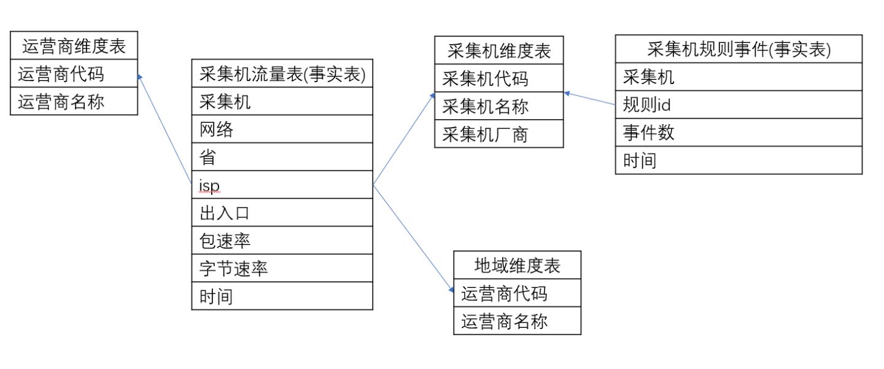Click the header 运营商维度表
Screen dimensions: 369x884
pos(74,46)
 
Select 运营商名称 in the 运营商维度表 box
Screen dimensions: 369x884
pos(61,101)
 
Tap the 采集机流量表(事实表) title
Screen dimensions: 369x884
pos(282,74)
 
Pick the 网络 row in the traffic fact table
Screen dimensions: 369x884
pos(216,129)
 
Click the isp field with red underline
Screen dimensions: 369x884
pos(209,185)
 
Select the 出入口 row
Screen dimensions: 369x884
pos(224,212)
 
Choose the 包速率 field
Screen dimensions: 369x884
pos(225,240)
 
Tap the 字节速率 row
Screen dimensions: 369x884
pos(233,268)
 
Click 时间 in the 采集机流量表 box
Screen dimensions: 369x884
pos(216,296)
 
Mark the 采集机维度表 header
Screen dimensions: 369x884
pos(498,51)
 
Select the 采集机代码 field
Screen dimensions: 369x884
pos(485,79)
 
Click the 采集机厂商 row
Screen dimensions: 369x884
pos(485,134)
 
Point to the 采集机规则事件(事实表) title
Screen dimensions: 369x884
pos(739,49)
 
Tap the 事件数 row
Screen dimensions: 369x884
pos(648,133)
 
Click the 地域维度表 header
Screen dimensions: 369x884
pos(517,265)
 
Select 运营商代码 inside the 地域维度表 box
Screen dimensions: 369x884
pos(504,293)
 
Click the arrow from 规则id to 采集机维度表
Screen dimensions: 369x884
pos(589,99)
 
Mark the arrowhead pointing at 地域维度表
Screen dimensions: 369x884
pos(451,281)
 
